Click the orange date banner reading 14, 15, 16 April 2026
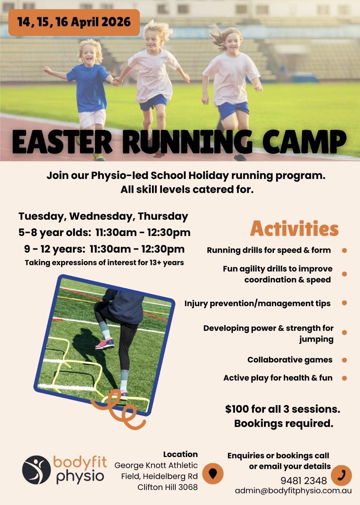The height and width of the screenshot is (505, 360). pyautogui.click(x=74, y=22)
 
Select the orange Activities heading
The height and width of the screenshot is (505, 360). pyautogui.click(x=294, y=229)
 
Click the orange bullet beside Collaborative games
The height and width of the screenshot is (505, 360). pyautogui.click(x=344, y=360)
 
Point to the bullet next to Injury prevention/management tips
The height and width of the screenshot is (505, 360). pyautogui.click(x=344, y=303)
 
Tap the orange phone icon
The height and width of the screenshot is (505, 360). pyautogui.click(x=341, y=475)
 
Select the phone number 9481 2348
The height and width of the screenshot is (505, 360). pyautogui.click(x=303, y=481)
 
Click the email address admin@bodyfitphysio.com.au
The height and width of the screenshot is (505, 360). pyautogui.click(x=293, y=491)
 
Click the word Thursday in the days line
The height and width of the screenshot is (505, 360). pyautogui.click(x=163, y=216)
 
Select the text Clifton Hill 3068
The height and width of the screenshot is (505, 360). pyautogui.click(x=168, y=487)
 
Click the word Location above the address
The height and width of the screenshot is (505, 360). pyautogui.click(x=180, y=454)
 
